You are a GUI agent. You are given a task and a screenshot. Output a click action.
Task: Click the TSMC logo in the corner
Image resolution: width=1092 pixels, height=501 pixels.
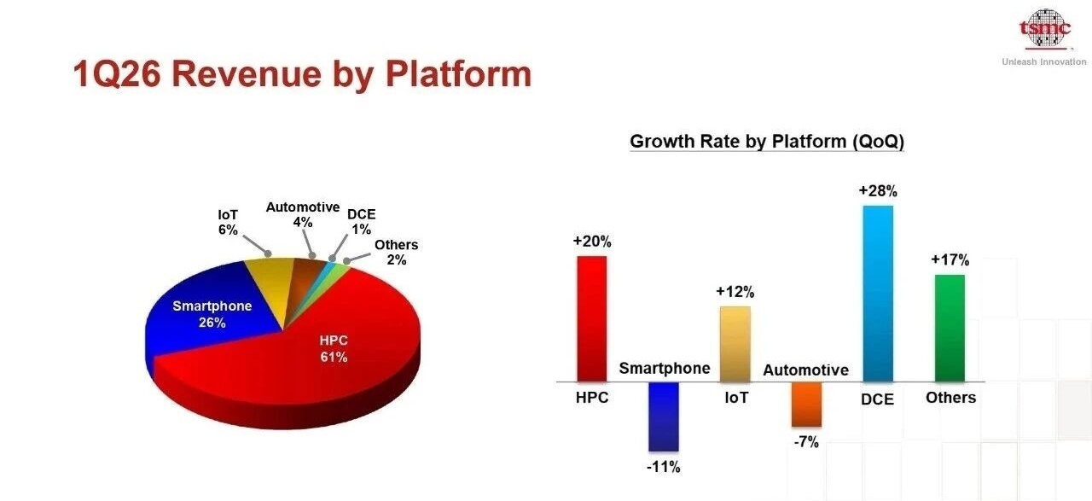pyautogui.click(x=1045, y=28)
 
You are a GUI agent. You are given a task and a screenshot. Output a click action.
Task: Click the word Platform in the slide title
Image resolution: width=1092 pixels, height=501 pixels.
pyautogui.click(x=458, y=74)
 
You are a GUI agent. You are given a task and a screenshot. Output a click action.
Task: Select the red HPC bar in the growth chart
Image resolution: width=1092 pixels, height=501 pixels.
pyautogui.click(x=592, y=318)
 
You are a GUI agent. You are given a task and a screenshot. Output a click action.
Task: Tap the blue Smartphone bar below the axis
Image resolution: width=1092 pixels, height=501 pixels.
pyautogui.click(x=664, y=417)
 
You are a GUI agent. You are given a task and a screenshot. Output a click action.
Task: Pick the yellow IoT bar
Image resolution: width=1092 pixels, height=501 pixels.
pyautogui.click(x=735, y=344)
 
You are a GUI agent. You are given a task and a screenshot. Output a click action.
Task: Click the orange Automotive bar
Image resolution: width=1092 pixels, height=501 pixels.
pyautogui.click(x=806, y=405)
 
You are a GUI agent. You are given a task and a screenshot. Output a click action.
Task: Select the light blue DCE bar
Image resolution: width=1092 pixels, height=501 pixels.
pyautogui.click(x=878, y=294)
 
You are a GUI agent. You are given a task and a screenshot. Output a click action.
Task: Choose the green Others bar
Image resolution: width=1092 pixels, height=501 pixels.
pyautogui.click(x=950, y=329)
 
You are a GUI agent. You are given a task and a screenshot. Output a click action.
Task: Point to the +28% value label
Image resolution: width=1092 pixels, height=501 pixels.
pyautogui.click(x=878, y=190)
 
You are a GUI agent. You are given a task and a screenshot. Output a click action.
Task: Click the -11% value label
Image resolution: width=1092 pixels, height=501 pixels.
pyautogui.click(x=664, y=467)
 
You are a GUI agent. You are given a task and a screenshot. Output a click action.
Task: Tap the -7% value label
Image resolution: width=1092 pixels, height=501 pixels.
pyautogui.click(x=806, y=442)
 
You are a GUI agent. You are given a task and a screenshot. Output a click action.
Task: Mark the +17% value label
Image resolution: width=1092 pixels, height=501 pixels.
pyautogui.click(x=950, y=259)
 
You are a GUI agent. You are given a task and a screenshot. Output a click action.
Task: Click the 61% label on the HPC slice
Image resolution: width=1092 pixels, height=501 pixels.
pyautogui.click(x=334, y=357)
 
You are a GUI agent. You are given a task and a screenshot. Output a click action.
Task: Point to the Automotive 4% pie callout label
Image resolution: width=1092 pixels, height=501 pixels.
pyautogui.click(x=303, y=214)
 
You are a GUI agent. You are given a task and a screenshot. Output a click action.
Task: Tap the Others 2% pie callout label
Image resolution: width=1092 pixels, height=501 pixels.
pyautogui.click(x=397, y=253)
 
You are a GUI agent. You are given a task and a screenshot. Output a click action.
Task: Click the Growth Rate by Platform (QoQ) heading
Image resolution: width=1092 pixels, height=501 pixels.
pyautogui.click(x=767, y=142)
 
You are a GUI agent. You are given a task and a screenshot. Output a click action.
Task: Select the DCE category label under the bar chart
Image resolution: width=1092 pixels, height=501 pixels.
pyautogui.click(x=878, y=399)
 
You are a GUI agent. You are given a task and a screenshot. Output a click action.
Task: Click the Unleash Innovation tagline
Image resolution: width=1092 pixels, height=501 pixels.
pyautogui.click(x=1044, y=62)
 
